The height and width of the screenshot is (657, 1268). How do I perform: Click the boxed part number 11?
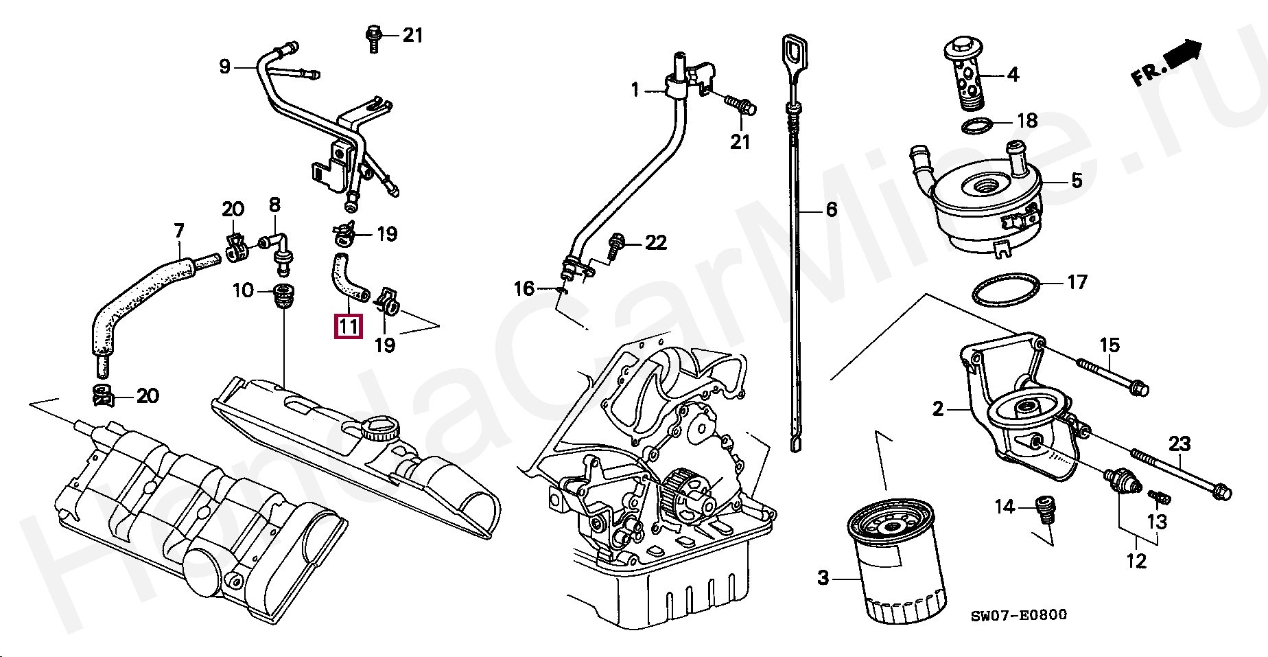coord(348,326)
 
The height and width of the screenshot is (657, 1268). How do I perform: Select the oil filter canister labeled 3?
coord(896,563)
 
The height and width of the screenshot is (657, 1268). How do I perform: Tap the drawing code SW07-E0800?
coord(1018,615)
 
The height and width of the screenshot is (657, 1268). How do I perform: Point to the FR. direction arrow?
coord(1167,62)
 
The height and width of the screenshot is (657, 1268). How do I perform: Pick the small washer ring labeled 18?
coord(978,126)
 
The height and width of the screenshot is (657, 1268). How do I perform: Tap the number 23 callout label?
coord(1179,444)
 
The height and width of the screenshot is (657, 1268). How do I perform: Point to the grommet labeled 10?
coord(282,295)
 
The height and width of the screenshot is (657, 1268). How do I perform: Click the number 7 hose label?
coord(179,231)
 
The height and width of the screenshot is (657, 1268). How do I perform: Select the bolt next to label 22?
coord(616,245)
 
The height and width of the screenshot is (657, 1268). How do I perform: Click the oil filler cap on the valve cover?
coord(379,430)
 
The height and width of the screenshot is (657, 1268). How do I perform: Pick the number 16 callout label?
coord(524,288)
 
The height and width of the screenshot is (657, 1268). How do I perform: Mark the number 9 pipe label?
coord(225,67)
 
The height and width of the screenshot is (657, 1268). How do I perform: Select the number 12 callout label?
coord(1136,561)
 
